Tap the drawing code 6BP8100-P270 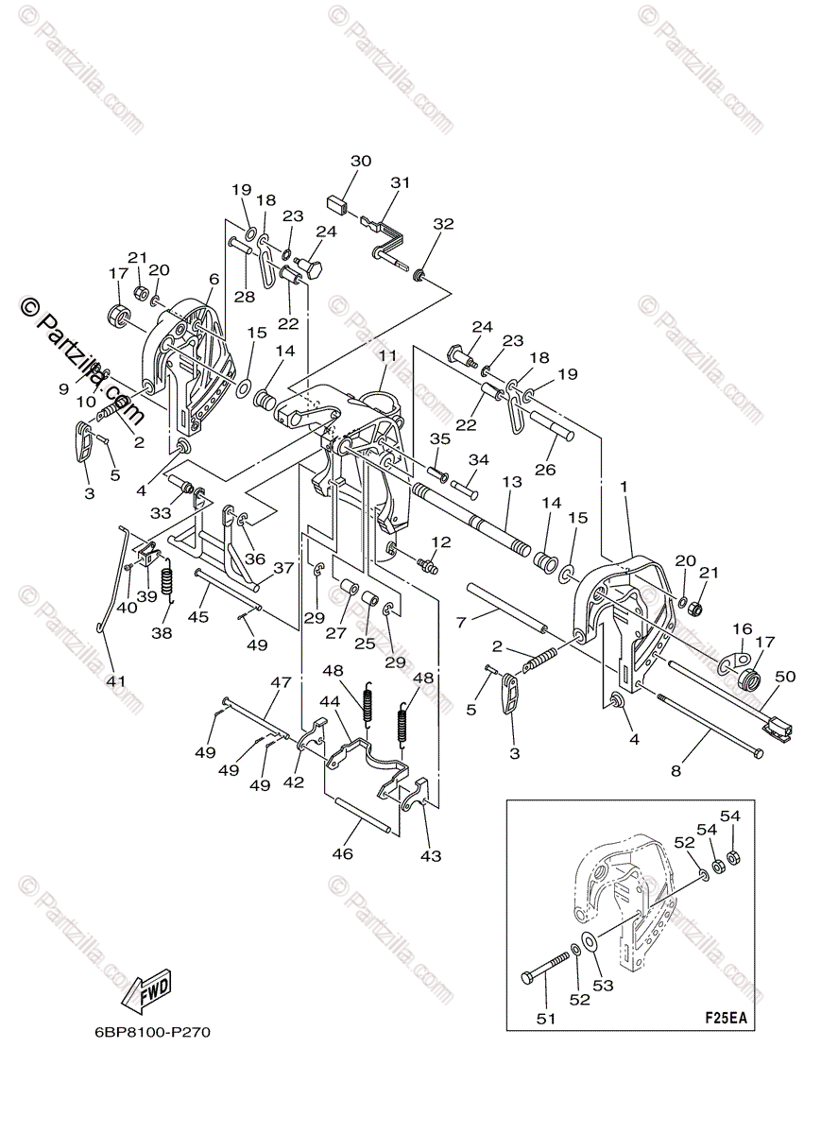point(139,1032)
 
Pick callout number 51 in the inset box point(546,1018)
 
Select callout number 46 point(341,853)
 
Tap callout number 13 point(512,483)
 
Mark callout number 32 point(443,224)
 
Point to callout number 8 point(676,770)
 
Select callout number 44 point(330,703)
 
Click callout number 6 point(214,279)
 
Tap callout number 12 point(441,541)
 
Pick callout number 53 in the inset point(604,986)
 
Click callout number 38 point(162,633)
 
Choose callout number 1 point(624,486)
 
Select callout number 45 point(197,617)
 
